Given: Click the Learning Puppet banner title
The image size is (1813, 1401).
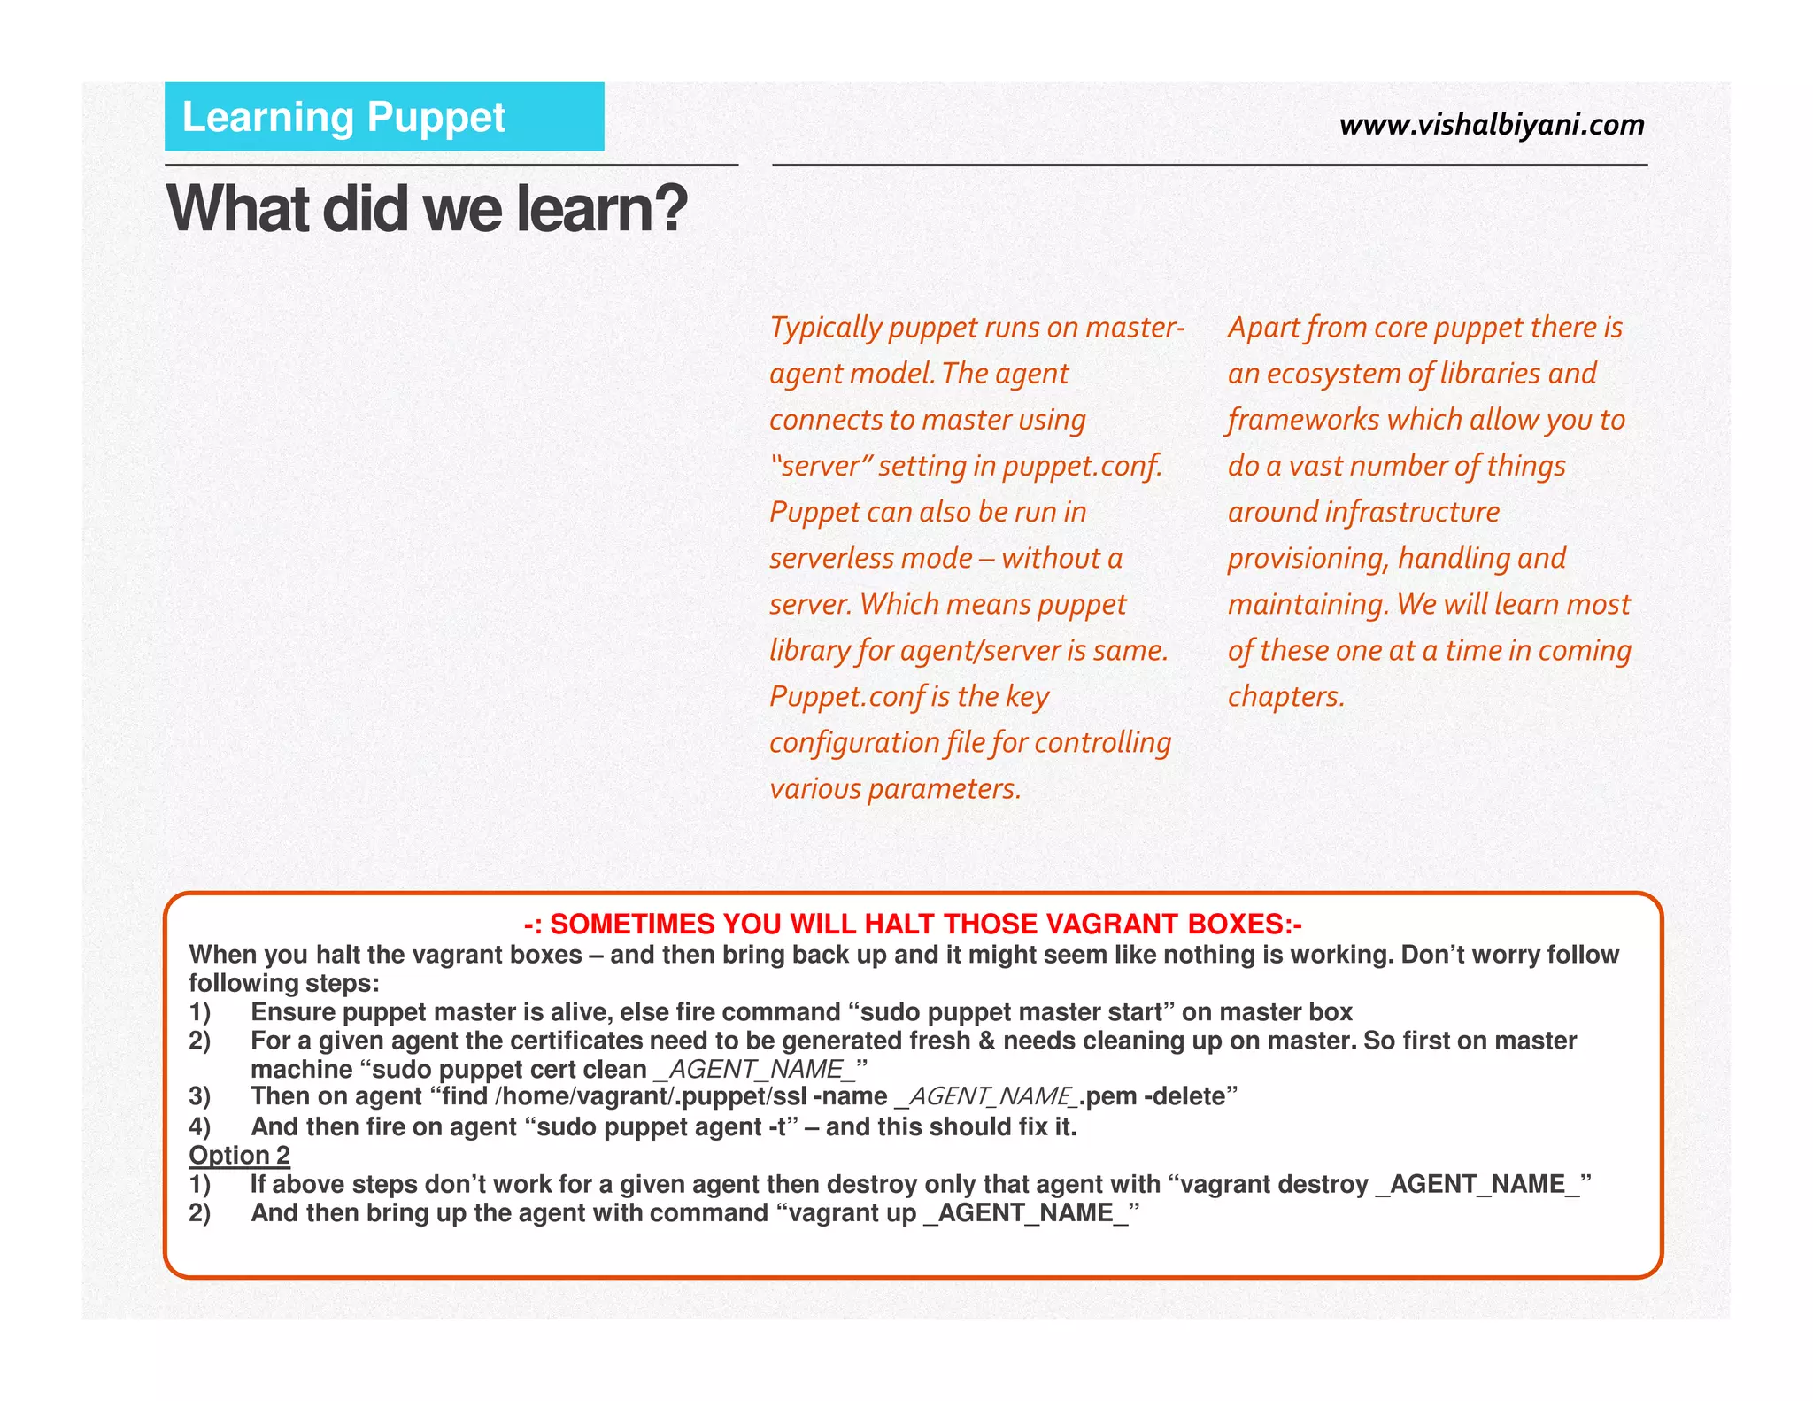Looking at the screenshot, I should point(343,118).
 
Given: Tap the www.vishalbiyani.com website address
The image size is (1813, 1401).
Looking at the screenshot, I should point(1492,125).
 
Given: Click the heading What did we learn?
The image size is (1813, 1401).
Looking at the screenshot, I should point(427,209).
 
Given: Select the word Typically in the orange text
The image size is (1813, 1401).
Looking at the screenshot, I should point(826,329).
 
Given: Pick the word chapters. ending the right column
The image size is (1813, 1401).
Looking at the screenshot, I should point(1285,697).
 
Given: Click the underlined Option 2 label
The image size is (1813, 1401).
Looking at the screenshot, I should point(239,1156).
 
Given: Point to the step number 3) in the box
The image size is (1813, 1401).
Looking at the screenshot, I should point(200,1097).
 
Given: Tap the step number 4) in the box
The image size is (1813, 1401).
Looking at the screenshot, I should point(200,1127).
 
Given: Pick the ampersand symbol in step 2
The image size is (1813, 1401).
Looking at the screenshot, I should point(986,1041).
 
